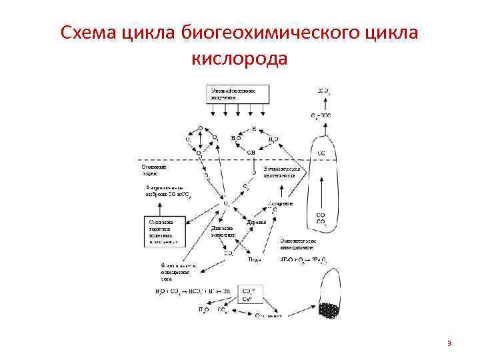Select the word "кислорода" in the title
point(240,59)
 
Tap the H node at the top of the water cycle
point(253,129)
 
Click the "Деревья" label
point(256,222)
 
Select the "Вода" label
point(254,259)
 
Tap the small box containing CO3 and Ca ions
point(248,294)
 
